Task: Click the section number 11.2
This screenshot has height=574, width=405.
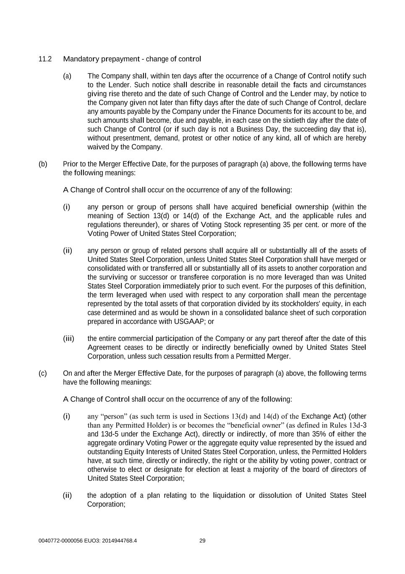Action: [x=45, y=59]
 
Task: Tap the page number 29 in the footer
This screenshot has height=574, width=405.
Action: [x=202, y=541]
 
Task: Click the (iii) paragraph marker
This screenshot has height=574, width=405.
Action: [x=68, y=339]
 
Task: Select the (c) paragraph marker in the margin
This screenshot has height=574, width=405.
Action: [x=43, y=373]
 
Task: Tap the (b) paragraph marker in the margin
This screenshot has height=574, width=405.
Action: [x=43, y=164]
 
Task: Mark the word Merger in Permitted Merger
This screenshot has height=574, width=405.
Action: [x=278, y=356]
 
